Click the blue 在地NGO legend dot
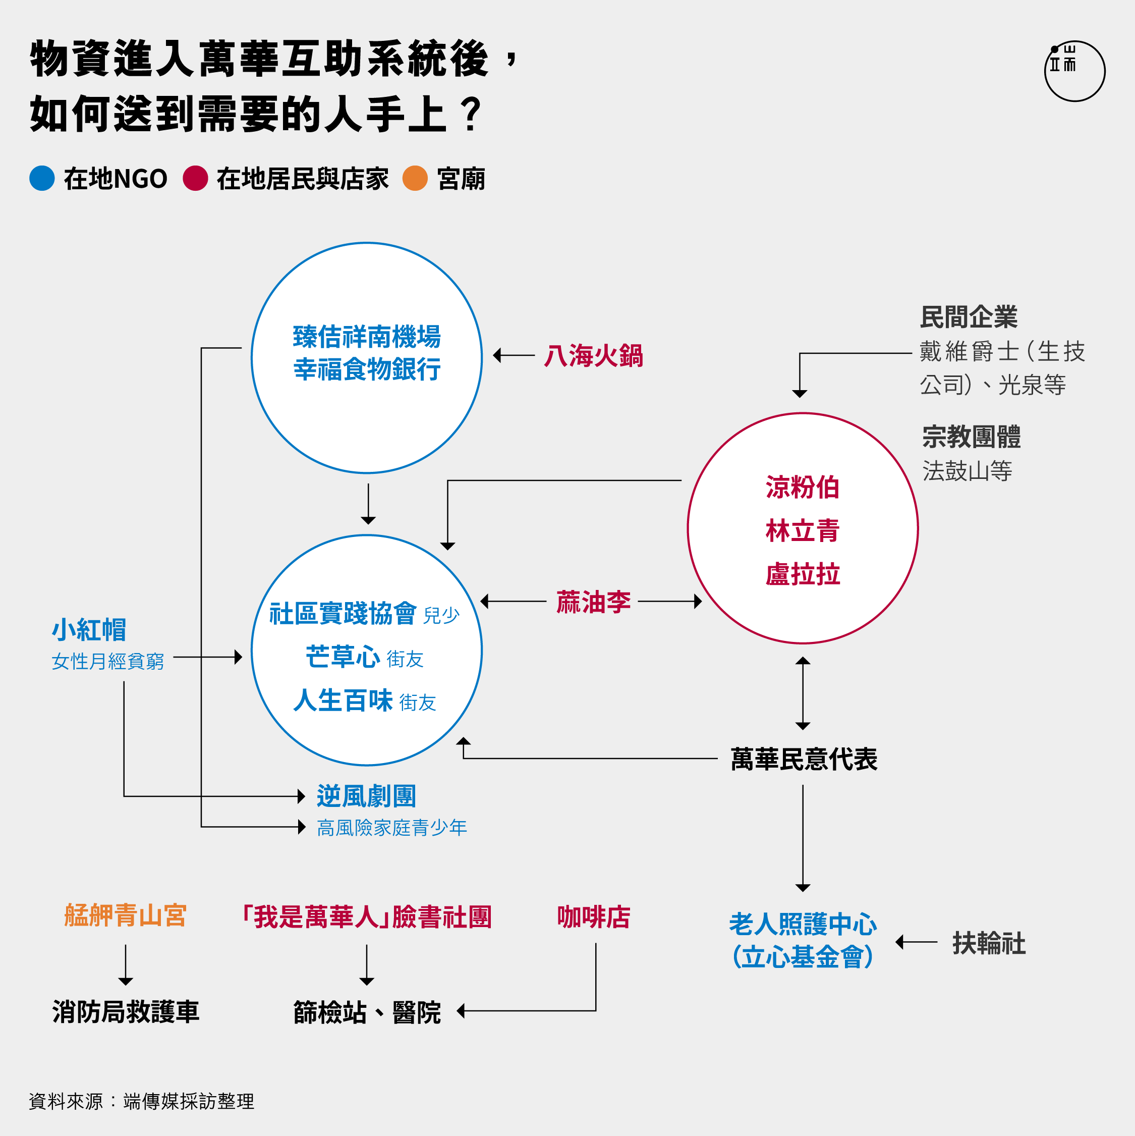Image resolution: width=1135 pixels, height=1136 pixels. (x=42, y=178)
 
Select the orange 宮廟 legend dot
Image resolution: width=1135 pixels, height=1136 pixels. (x=415, y=178)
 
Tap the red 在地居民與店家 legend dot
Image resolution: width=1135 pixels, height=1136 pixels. (x=195, y=178)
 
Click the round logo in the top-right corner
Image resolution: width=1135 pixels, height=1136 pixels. (x=1074, y=71)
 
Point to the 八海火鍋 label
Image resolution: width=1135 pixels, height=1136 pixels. (x=594, y=356)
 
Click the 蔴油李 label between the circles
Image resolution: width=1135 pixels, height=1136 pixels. (x=594, y=602)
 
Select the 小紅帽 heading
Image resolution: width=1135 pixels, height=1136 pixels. (x=89, y=630)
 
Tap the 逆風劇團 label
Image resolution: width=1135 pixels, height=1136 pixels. (x=367, y=796)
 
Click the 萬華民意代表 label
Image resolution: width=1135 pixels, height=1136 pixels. (x=804, y=759)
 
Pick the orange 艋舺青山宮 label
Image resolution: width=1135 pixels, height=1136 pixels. (x=126, y=915)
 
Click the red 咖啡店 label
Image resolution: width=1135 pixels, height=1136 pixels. (x=594, y=916)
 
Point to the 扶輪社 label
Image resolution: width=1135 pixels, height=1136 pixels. (x=989, y=943)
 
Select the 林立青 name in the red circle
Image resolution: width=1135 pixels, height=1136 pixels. (x=803, y=530)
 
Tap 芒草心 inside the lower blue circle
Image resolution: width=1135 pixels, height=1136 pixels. (x=343, y=657)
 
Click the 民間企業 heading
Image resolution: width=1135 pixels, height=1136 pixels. (x=969, y=317)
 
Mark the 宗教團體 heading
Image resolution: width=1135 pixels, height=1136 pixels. (x=972, y=437)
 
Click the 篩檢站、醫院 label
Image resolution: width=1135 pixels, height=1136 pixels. (x=367, y=1012)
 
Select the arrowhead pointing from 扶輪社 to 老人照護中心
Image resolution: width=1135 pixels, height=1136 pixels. (x=899, y=942)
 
